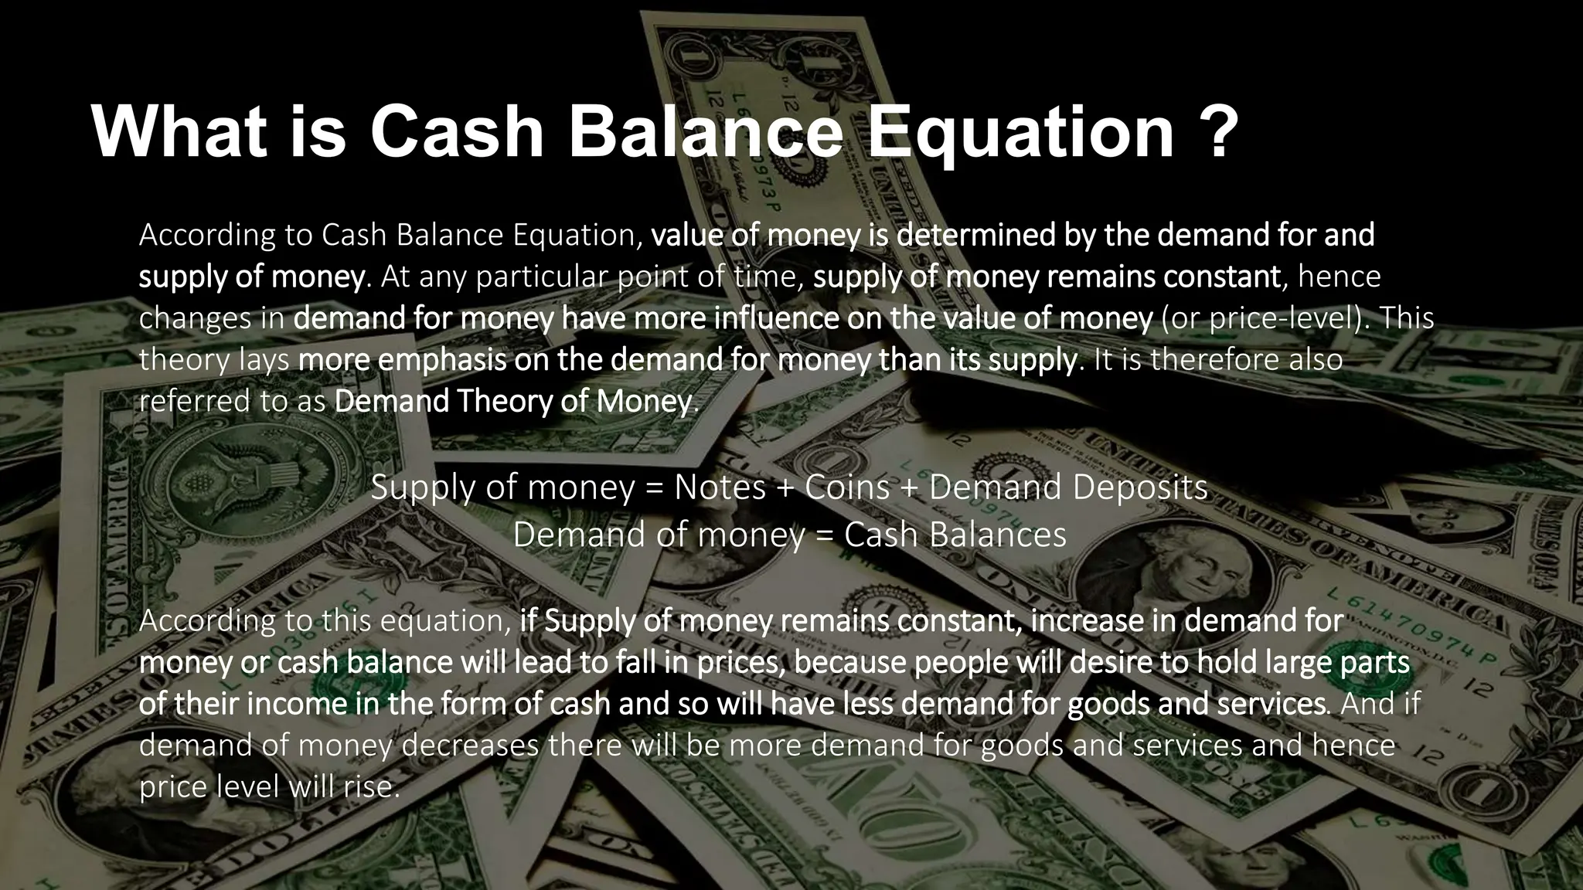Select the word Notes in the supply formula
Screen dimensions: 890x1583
click(720, 487)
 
